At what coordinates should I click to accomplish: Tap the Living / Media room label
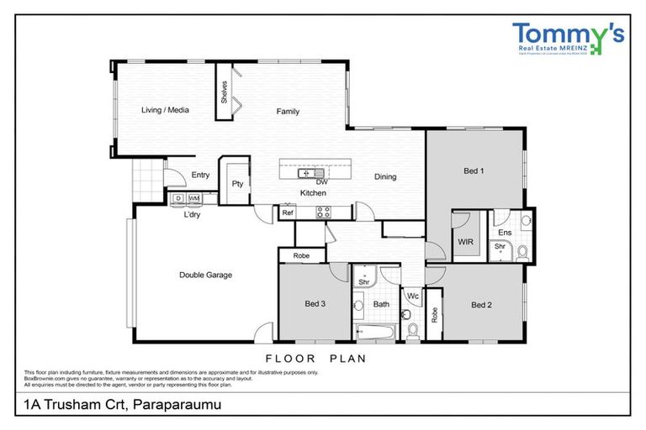pos(165,110)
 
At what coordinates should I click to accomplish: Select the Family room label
pos(289,112)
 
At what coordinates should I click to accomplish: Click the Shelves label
pos(225,92)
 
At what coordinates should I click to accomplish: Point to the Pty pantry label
pos(238,184)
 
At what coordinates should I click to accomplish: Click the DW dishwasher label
pos(321,181)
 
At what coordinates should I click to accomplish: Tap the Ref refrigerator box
pos(288,213)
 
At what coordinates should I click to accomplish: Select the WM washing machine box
pos(193,198)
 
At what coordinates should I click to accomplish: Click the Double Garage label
pos(205,275)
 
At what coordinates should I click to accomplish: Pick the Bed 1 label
pos(474,171)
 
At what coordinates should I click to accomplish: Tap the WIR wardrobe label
pos(466,241)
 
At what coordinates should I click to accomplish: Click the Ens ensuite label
pos(505,232)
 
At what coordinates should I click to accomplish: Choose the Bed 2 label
pos(481,305)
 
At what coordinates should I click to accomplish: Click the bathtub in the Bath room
pos(373,332)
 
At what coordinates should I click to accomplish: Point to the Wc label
pos(413,296)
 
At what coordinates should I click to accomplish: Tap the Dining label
pos(385,177)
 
